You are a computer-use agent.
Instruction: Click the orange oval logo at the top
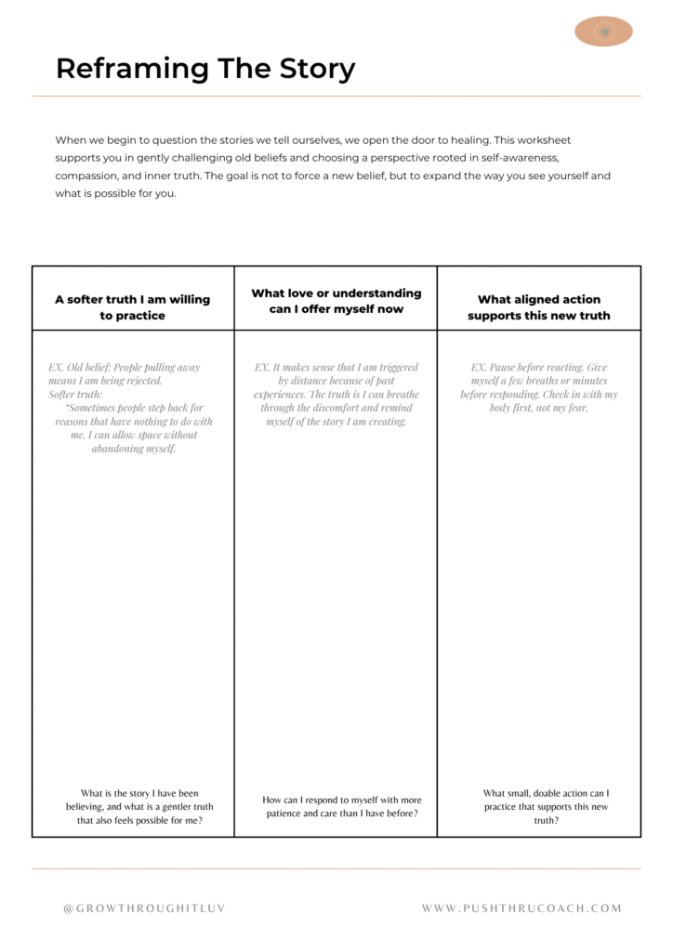point(603,32)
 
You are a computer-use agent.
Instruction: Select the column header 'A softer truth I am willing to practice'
point(133,307)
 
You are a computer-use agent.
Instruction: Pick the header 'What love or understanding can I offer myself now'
point(336,301)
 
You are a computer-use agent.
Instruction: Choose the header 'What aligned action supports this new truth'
point(539,307)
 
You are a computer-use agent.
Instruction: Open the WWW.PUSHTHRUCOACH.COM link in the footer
point(521,908)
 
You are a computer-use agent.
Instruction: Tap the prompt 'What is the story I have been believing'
point(139,806)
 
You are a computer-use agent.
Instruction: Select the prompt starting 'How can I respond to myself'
point(340,806)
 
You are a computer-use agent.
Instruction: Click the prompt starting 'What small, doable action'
point(546,806)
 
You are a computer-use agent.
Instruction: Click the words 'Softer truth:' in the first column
point(77,394)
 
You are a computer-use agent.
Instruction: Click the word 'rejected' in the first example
point(142,381)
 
